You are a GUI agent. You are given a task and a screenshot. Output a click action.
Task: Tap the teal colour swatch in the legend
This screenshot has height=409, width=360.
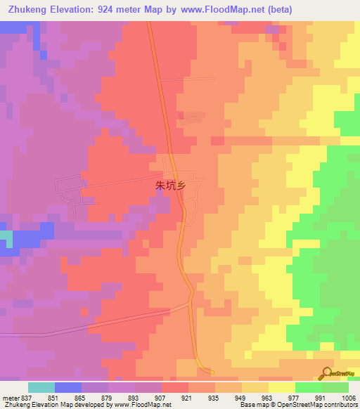pos(41,387)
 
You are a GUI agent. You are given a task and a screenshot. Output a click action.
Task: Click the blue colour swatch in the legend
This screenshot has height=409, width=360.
pos(68,387)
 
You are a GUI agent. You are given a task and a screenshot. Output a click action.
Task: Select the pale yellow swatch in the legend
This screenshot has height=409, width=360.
pos(281,387)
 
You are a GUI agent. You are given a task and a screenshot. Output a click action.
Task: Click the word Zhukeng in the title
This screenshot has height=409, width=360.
pos(25,9)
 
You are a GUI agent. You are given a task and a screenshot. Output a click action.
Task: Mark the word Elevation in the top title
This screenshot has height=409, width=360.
pos(73,9)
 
